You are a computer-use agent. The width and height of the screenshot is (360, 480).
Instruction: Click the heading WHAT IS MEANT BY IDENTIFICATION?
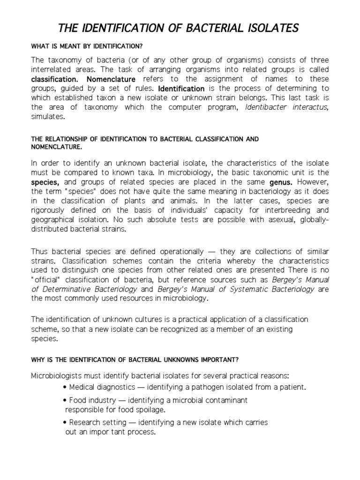[x=87, y=46]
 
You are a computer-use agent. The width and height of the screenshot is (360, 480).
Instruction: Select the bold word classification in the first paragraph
[x=55, y=79]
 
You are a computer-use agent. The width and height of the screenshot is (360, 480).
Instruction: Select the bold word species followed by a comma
[x=45, y=182]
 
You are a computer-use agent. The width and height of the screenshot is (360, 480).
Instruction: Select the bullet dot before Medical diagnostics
[x=64, y=387]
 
